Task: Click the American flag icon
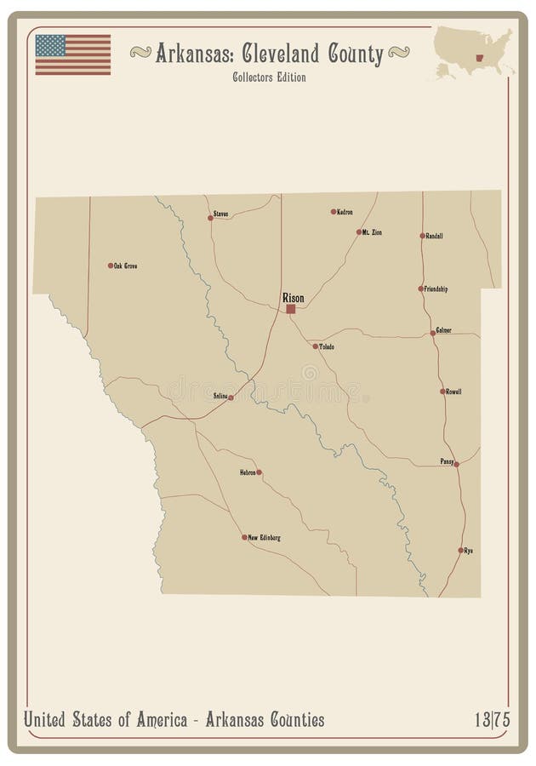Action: [x=72, y=54]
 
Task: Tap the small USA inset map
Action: [x=474, y=52]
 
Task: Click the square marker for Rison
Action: [x=291, y=309]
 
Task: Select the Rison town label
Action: [x=293, y=298]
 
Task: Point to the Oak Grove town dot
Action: [x=111, y=266]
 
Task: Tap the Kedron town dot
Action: [x=333, y=212]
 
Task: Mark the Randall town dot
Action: [x=422, y=236]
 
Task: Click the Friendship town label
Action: [x=436, y=289]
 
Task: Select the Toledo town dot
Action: [x=315, y=346]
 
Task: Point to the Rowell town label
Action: [x=454, y=392]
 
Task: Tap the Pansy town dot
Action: [x=457, y=464]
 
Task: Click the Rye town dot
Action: [x=460, y=551]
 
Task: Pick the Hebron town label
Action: [x=248, y=472]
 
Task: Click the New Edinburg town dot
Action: [x=244, y=537]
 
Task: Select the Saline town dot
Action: [x=231, y=397]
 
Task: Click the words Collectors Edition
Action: [x=269, y=77]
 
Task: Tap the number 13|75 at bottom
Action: [x=493, y=720]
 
